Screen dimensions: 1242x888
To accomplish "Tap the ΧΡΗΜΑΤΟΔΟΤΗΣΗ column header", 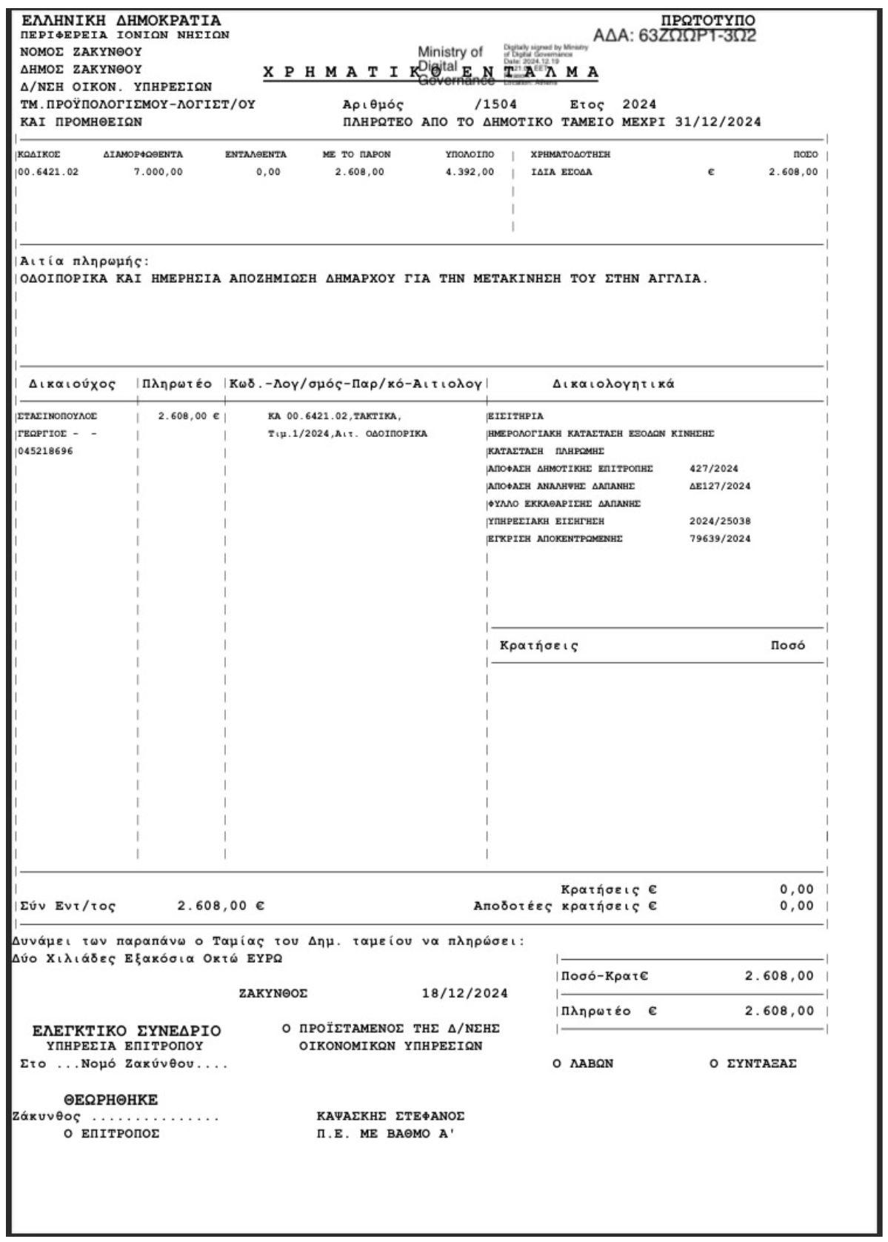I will click(570, 155).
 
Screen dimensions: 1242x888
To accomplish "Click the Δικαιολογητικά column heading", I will click(613, 384).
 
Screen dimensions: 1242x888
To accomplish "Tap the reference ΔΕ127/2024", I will click(719, 487).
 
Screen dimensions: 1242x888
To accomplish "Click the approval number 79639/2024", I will click(719, 539).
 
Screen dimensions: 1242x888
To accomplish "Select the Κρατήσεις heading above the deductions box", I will click(539, 646).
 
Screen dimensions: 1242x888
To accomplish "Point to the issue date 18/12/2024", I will click(465, 994).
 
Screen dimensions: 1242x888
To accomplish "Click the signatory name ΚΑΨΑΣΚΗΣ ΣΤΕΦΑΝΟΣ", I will click(390, 1117).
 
